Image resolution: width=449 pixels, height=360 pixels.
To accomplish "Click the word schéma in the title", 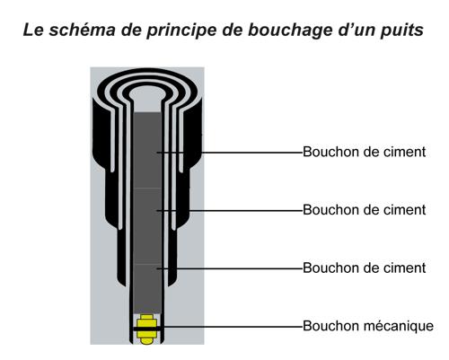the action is (82, 30).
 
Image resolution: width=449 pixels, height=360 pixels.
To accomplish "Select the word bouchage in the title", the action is (290, 31).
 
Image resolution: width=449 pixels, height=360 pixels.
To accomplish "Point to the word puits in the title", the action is (402, 31).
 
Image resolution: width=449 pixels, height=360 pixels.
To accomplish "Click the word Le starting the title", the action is (33, 30).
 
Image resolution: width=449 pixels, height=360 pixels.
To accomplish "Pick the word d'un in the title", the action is (356, 30).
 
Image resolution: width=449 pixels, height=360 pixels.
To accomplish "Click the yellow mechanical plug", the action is (146, 329).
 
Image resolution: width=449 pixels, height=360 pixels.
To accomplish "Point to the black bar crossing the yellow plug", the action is (148, 329).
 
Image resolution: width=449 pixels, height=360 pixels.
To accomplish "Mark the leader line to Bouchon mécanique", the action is (230, 327).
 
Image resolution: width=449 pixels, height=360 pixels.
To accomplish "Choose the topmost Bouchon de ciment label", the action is (364, 152).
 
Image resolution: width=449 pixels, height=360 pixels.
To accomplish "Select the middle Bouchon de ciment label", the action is (364, 210).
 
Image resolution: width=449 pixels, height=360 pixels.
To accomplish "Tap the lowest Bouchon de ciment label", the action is (364, 268).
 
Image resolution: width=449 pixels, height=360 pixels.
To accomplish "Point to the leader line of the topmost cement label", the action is (230, 153).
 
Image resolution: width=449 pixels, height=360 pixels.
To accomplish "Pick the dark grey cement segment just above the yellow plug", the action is (147, 288).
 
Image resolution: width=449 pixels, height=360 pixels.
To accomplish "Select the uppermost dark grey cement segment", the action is (147, 150).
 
